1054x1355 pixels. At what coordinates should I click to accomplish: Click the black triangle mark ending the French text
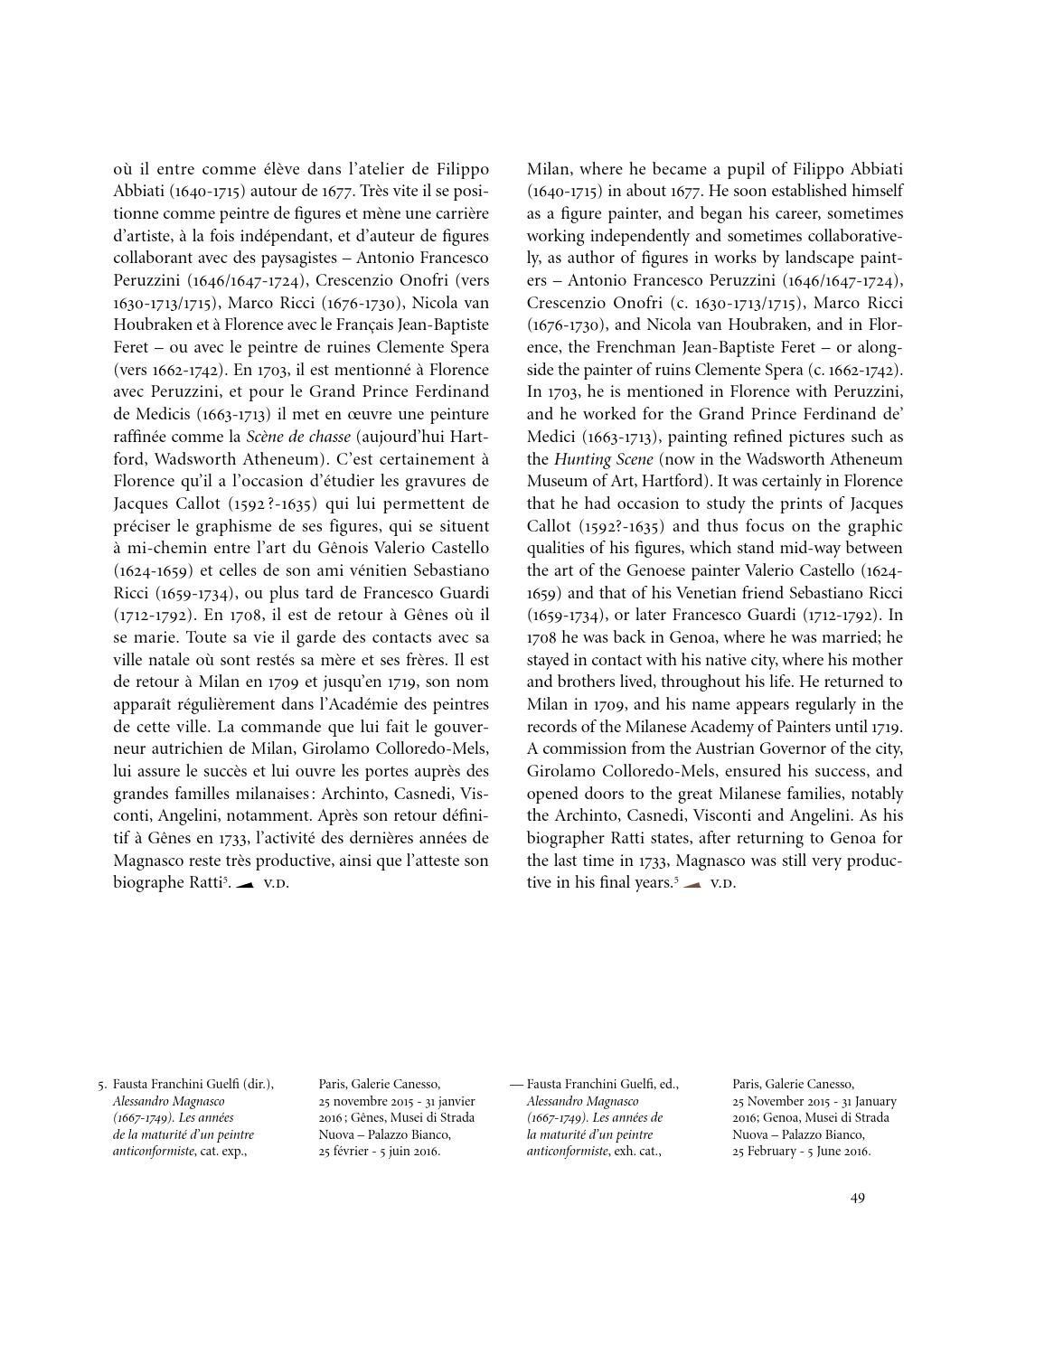[244, 884]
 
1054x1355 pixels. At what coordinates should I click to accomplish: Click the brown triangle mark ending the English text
[692, 884]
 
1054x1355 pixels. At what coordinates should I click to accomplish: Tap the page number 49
[857, 1198]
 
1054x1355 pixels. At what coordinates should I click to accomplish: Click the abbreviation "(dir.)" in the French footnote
[258, 1084]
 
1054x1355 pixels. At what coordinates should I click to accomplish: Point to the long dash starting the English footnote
[516, 1084]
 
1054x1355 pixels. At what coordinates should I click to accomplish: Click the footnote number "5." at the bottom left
[102, 1084]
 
